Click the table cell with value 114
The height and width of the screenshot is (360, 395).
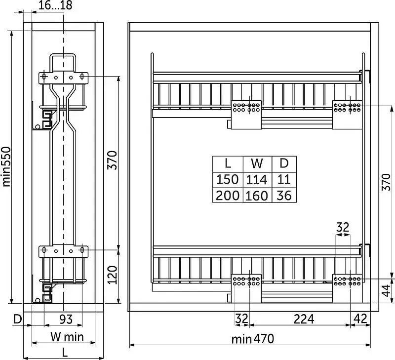point(257,180)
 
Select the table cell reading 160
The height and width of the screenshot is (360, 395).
point(257,196)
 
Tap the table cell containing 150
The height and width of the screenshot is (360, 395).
point(228,180)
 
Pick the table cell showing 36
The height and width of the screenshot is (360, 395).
point(284,196)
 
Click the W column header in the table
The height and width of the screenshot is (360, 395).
point(257,164)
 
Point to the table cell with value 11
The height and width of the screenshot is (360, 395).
point(284,180)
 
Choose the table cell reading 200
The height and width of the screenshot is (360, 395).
point(228,196)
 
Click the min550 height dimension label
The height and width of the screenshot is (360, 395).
point(6,166)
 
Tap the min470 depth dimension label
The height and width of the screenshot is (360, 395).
point(253,339)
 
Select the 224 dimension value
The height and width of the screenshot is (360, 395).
point(304,319)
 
